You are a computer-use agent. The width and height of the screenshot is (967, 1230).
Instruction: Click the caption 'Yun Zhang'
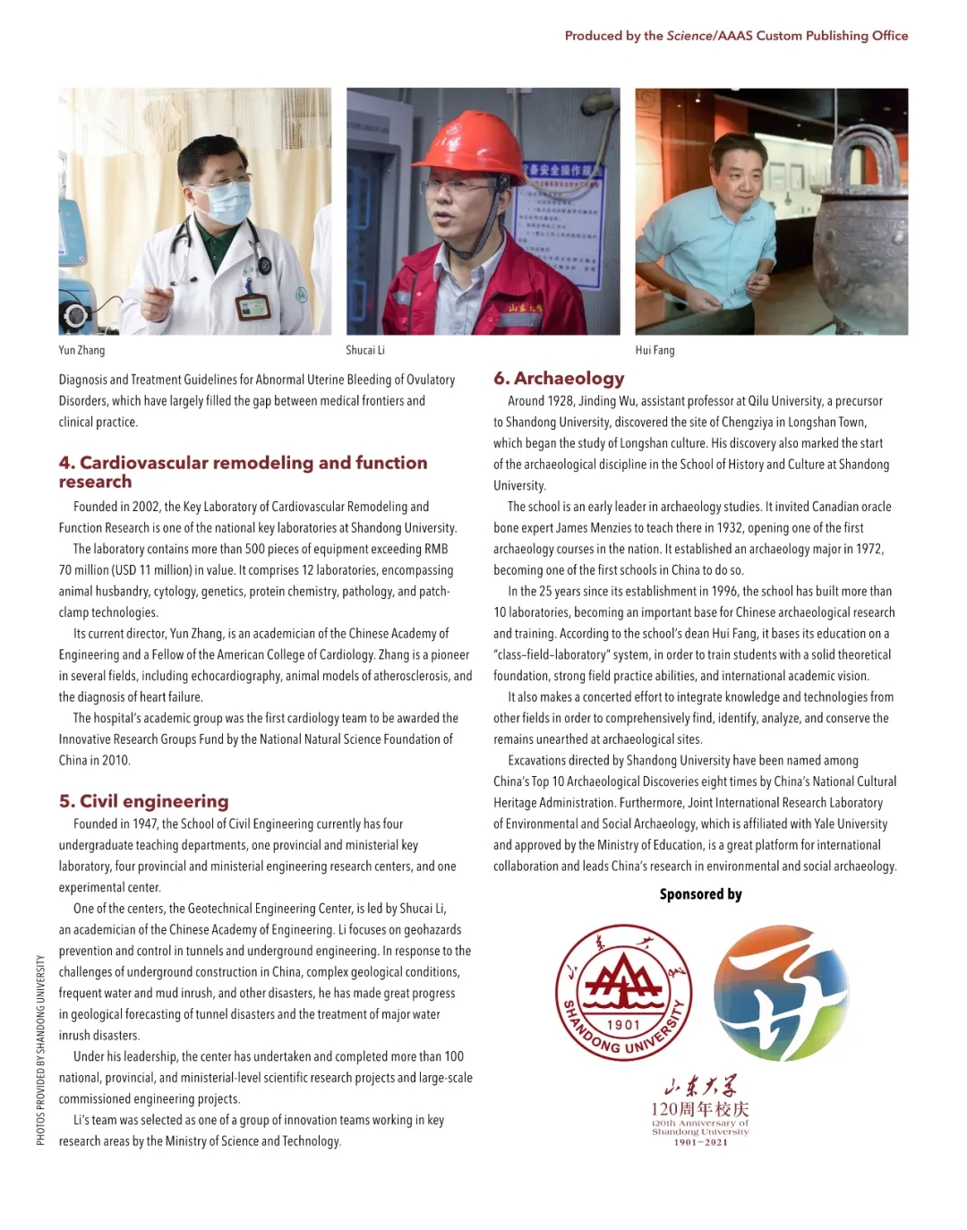[x=81, y=350]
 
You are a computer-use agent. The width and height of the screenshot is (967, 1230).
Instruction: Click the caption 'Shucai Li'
[x=365, y=350]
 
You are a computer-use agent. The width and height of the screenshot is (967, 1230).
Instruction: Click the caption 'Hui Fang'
[x=655, y=350]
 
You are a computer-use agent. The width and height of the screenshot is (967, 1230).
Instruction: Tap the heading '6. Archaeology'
[x=559, y=378]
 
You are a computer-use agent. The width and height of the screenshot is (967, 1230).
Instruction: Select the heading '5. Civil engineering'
[x=143, y=801]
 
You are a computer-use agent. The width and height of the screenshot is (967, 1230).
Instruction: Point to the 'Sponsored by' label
[x=700, y=894]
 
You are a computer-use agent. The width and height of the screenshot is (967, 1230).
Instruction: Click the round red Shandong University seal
[x=624, y=992]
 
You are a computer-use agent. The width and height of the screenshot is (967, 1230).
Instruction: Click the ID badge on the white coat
[x=253, y=307]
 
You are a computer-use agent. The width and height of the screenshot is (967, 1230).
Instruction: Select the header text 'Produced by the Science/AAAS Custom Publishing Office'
[x=736, y=36]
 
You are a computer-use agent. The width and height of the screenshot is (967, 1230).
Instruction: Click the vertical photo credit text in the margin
[x=40, y=1049]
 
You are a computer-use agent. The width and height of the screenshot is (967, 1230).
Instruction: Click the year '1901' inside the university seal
[x=624, y=1024]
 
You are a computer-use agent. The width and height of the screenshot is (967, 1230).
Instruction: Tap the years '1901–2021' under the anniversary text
[x=700, y=1142]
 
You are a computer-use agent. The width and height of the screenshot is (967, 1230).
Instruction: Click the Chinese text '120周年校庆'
[x=700, y=1110]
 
